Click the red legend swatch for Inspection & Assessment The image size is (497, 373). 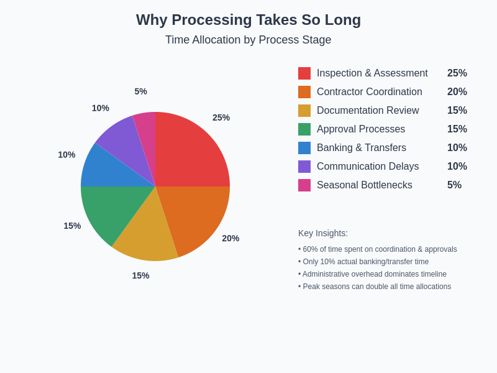pyautogui.click(x=304, y=73)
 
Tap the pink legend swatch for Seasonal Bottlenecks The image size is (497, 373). pyautogui.click(x=304, y=185)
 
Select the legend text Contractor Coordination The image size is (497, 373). pyautogui.click(x=369, y=92)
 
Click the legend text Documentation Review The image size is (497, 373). pyautogui.click(x=368, y=111)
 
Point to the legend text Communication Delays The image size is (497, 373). pyautogui.click(x=368, y=167)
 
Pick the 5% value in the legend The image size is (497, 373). pyautogui.click(x=454, y=185)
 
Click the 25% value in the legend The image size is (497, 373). pyautogui.click(x=457, y=73)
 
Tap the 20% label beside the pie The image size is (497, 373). pyautogui.click(x=230, y=238)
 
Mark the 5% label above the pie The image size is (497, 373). pyautogui.click(x=141, y=91)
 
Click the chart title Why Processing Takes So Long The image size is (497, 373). pyautogui.click(x=248, y=20)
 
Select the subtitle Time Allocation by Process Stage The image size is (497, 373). pyautogui.click(x=248, y=40)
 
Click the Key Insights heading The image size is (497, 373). pyautogui.click(x=323, y=233)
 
